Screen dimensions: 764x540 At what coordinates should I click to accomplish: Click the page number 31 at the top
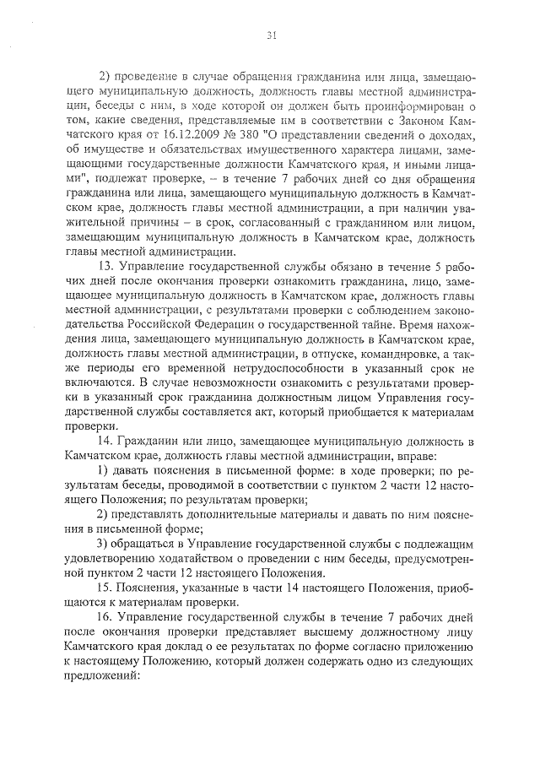(x=272, y=36)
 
